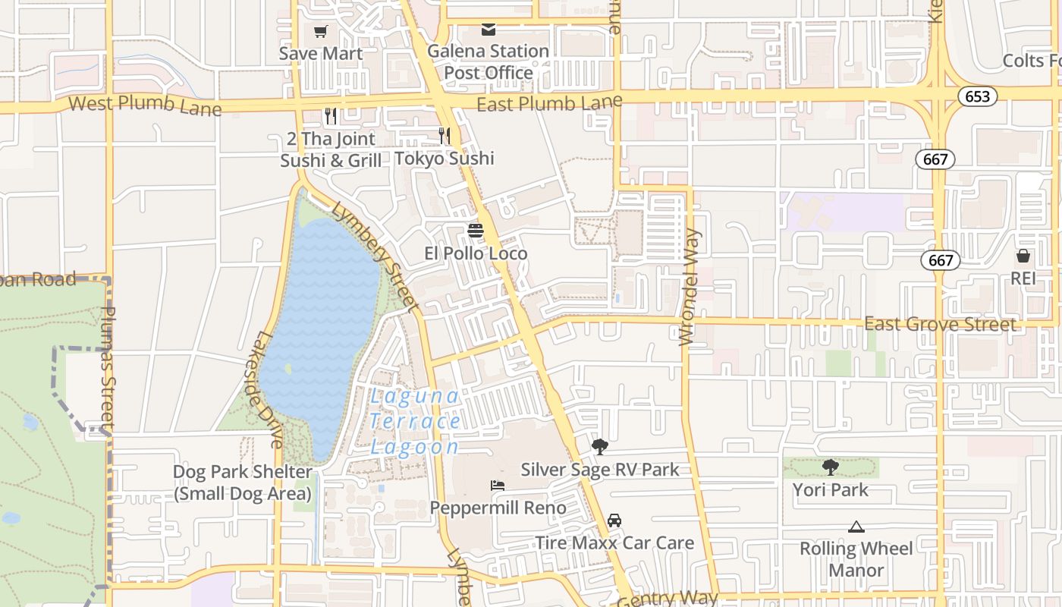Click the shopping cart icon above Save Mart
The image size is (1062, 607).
click(x=321, y=32)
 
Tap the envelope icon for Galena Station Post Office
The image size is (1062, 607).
click(x=489, y=30)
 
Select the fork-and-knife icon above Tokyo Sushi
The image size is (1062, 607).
click(x=445, y=136)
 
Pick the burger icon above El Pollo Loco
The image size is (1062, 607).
click(x=476, y=231)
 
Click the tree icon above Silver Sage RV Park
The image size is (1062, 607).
click(x=599, y=447)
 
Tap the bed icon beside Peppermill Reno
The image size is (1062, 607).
click(x=498, y=486)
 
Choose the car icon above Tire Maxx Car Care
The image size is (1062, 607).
click(x=614, y=521)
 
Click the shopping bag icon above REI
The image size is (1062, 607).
click(x=1023, y=256)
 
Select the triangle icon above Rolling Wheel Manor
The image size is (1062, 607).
click(x=856, y=527)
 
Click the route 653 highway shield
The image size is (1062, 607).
click(x=977, y=96)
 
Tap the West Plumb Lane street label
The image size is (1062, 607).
click(x=146, y=105)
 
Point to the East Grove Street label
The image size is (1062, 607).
click(x=941, y=325)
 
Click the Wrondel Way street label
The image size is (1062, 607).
click(x=689, y=287)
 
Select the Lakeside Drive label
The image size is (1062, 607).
click(x=269, y=388)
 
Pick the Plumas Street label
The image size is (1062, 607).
click(x=108, y=368)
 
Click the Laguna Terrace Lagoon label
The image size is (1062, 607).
click(x=415, y=421)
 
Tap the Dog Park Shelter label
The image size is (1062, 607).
click(x=242, y=483)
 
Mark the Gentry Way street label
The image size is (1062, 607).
click(x=668, y=599)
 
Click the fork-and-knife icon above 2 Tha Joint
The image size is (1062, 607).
click(x=330, y=115)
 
